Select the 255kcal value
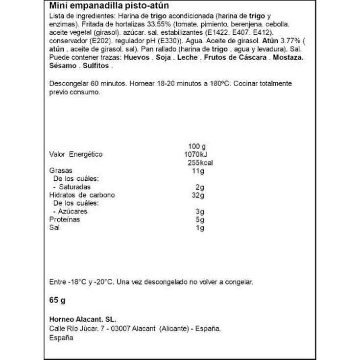pos(200,163)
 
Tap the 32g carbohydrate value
pos(198,195)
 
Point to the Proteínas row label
pos(65,220)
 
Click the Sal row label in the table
pos(54,228)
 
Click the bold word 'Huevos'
pos(138,58)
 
